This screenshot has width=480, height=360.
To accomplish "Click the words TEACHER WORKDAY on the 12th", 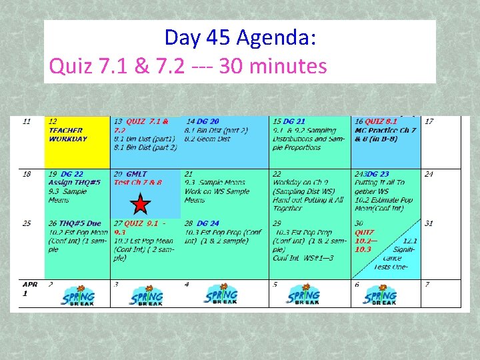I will (x=67, y=135).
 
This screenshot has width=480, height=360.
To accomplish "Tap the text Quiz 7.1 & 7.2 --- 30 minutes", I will (x=189, y=66).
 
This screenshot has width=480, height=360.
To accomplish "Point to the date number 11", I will (x=27, y=121).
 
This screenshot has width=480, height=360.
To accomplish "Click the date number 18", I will (x=27, y=174).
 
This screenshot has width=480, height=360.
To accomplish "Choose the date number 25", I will (x=27, y=223).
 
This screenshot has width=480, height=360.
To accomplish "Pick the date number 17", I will (x=429, y=121).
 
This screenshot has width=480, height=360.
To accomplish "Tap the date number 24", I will (x=429, y=174).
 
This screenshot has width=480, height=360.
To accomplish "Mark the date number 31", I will (x=429, y=223).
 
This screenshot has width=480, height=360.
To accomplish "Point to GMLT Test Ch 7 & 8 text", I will (x=137, y=178).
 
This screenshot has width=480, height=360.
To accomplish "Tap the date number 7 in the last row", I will (x=427, y=285).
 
